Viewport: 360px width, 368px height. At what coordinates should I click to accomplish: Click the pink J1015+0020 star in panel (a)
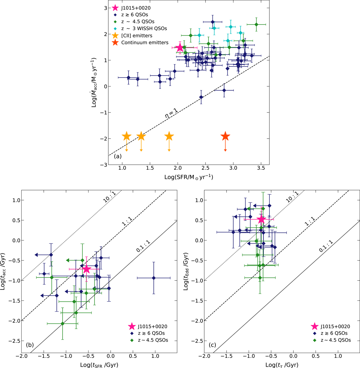[180, 47]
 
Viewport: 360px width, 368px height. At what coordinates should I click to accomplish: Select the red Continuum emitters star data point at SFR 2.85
[225, 136]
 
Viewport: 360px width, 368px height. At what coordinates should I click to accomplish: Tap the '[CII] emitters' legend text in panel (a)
[136, 36]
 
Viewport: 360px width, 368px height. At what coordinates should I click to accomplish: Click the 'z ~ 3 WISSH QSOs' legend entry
[144, 28]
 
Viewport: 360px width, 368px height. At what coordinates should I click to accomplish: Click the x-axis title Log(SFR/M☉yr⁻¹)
[189, 177]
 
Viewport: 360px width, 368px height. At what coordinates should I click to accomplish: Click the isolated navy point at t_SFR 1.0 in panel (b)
[154, 278]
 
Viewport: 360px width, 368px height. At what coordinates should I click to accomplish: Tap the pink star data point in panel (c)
[261, 219]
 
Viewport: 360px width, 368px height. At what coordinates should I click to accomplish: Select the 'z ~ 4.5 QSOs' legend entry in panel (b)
[151, 340]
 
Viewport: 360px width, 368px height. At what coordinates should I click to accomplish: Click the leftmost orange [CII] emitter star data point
[127, 136]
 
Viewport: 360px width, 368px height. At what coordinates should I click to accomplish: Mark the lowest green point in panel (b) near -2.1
[62, 324]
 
